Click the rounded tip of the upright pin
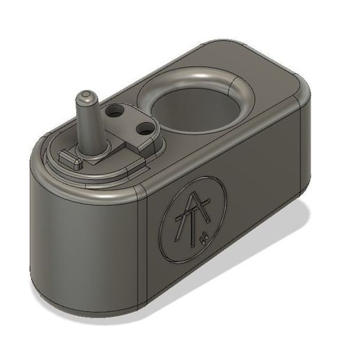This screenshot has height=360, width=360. pos(84,92)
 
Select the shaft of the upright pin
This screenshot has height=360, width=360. pos(89,119)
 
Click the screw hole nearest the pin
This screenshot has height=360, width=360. pos(117,110)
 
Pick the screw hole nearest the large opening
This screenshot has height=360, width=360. pos(144,128)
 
